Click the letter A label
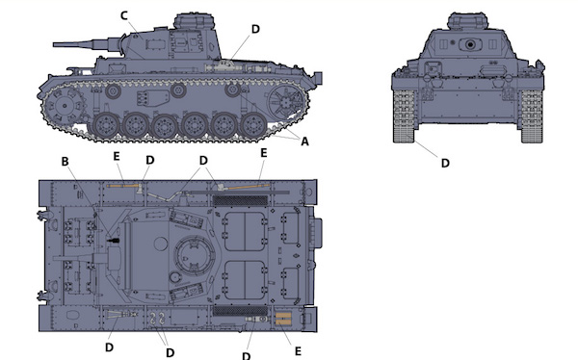click(x=304, y=141)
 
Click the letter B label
click(x=65, y=162)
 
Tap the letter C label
click(x=124, y=15)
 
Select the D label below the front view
click(x=445, y=163)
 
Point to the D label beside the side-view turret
click(x=255, y=29)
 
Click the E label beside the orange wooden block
click(x=298, y=351)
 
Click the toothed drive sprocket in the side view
click(x=64, y=105)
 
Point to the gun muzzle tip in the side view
click(x=54, y=44)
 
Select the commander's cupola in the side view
click(x=195, y=21)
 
